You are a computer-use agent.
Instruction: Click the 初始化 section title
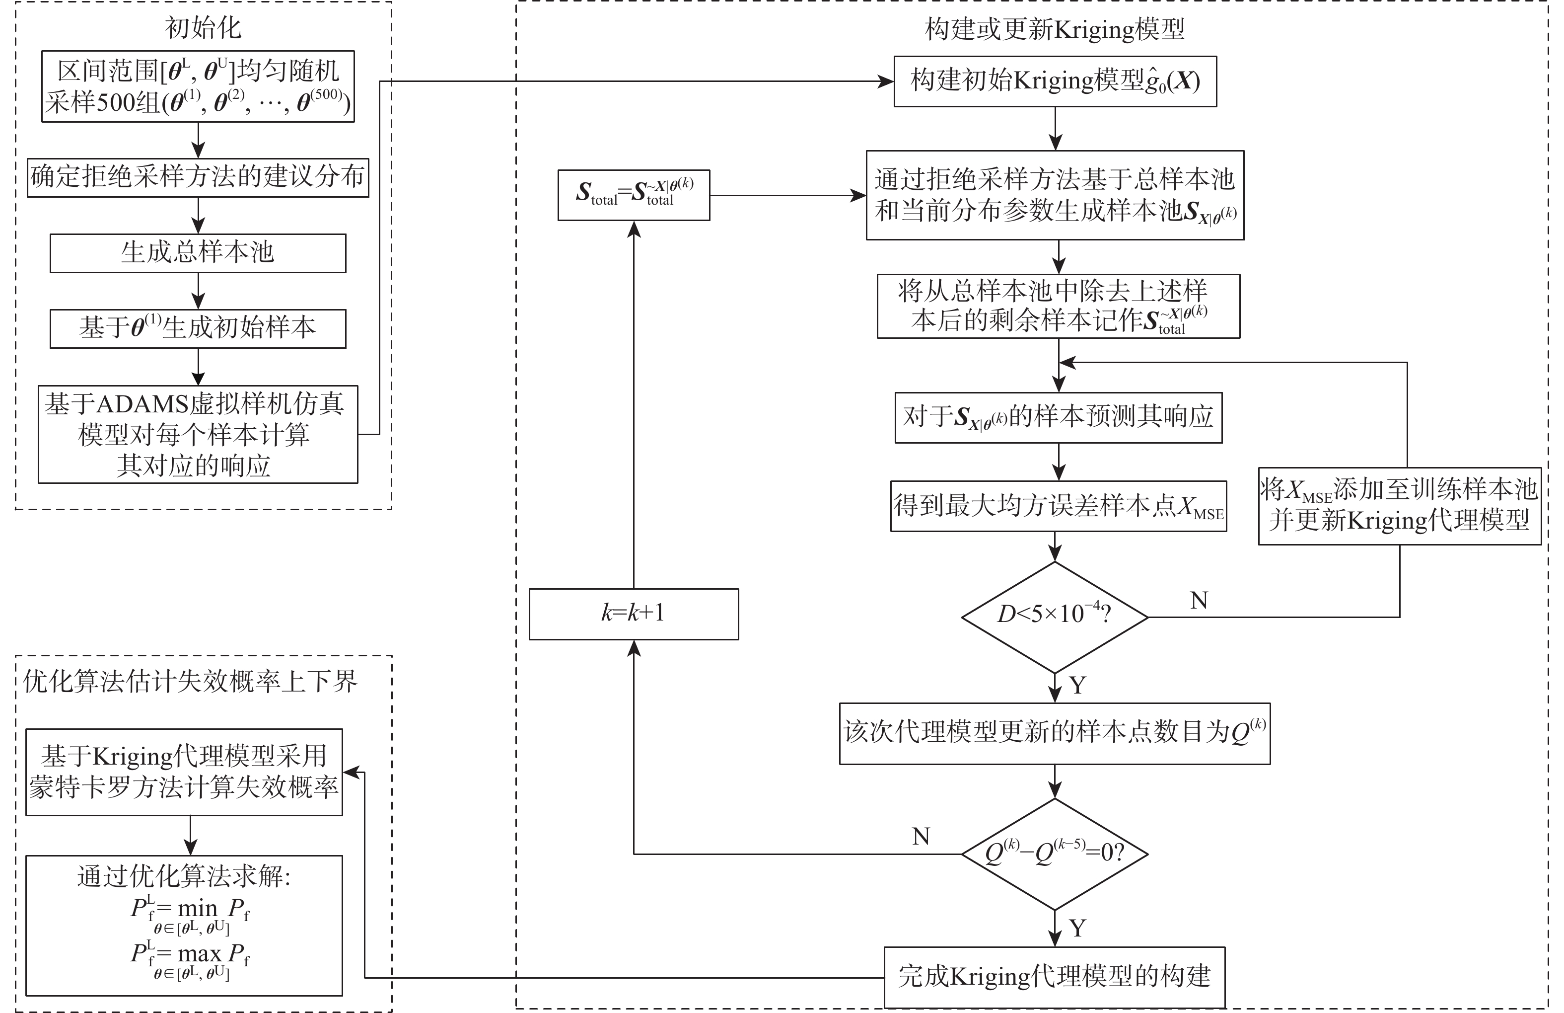(x=203, y=28)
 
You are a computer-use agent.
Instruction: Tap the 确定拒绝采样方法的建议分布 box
(x=198, y=177)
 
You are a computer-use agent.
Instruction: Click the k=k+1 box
(x=634, y=614)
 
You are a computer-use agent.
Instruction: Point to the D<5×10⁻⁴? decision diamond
(x=1054, y=617)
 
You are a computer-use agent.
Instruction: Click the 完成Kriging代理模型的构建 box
(x=1054, y=976)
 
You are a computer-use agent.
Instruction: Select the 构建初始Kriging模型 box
(x=1055, y=81)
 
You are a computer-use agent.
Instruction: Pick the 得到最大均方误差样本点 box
(x=1058, y=506)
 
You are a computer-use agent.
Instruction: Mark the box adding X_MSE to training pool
(x=1399, y=506)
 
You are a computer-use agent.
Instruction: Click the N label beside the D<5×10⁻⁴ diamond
(x=1199, y=600)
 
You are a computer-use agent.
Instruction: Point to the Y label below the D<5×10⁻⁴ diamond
(x=1078, y=686)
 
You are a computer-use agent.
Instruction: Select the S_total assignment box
(x=634, y=195)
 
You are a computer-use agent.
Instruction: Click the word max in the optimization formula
(x=199, y=953)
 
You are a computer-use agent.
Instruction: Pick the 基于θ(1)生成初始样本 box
(x=198, y=328)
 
